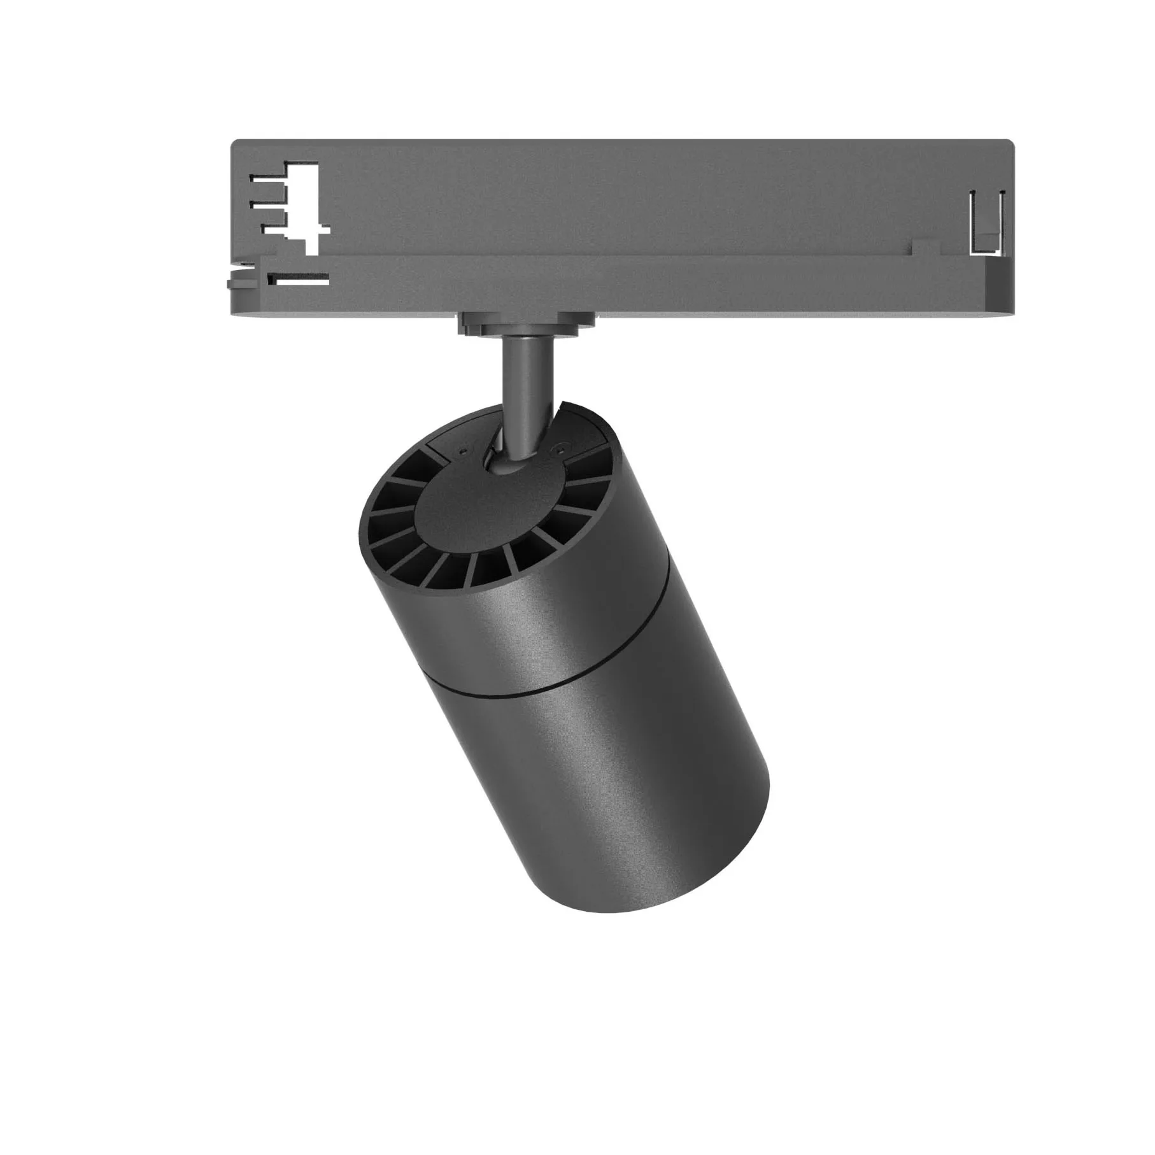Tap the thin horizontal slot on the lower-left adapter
click(x=299, y=278)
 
